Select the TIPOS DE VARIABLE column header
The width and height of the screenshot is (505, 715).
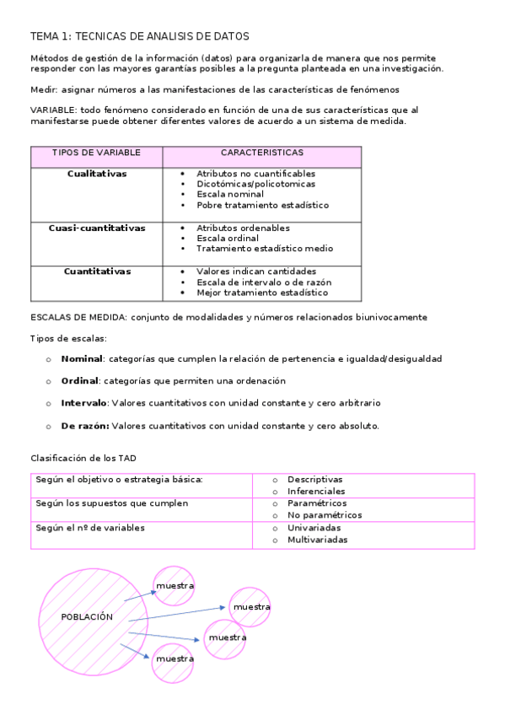(96, 153)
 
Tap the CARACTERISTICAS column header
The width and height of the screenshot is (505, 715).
(262, 153)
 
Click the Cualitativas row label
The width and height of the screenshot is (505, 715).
(97, 173)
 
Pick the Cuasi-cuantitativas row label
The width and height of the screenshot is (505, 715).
(97, 228)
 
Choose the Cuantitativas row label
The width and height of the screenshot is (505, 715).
(97, 271)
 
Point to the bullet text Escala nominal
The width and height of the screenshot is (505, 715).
(230, 194)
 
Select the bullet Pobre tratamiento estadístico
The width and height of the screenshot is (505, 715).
(262, 205)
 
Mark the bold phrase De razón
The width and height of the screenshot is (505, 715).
(84, 426)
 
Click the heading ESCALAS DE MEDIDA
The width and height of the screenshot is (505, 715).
(78, 317)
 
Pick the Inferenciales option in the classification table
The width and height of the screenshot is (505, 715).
(316, 491)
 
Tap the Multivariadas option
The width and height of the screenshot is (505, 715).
(317, 540)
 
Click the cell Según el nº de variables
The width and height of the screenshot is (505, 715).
(90, 528)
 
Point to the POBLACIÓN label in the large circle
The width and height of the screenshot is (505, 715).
(87, 617)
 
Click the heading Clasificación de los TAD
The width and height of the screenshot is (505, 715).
(83, 458)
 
